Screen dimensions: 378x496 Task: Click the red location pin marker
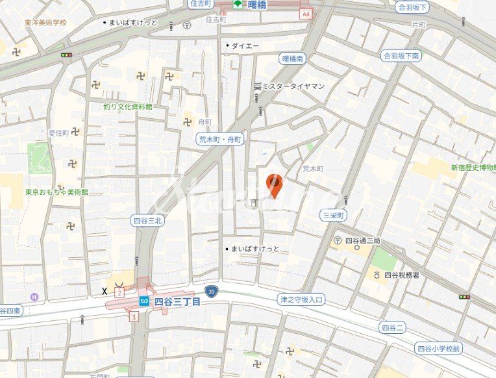pyautogui.click(x=275, y=186)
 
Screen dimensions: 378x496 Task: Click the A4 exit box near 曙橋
pyautogui.click(x=306, y=14)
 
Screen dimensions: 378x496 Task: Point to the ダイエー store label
pyautogui.click(x=245, y=45)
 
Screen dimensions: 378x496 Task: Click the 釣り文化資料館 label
pyautogui.click(x=127, y=107)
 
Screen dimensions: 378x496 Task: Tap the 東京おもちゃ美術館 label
pyautogui.click(x=56, y=192)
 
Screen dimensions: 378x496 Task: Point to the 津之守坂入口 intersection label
pyautogui.click(x=301, y=300)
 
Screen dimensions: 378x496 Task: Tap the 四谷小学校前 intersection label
pyautogui.click(x=439, y=349)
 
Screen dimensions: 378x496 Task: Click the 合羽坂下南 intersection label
pyautogui.click(x=401, y=56)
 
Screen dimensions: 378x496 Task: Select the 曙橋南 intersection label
pyautogui.click(x=293, y=58)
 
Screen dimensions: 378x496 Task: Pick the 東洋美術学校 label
pyautogui.click(x=46, y=22)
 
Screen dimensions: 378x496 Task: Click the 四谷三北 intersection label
pyautogui.click(x=147, y=220)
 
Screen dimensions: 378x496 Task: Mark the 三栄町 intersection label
pyautogui.click(x=334, y=215)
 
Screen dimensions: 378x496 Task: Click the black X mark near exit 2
pyautogui.click(x=105, y=291)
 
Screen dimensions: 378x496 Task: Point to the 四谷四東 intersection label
pyautogui.click(x=10, y=311)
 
